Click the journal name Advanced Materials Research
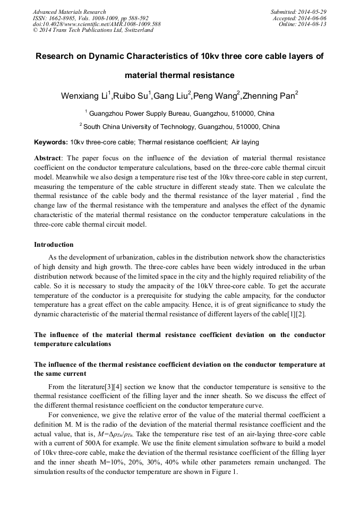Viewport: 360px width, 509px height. [69, 12]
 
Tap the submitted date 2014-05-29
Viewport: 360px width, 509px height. [313, 12]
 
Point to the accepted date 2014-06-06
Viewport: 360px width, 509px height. [313, 18]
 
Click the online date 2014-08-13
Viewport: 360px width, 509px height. [313, 24]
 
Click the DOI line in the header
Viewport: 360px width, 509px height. [97, 24]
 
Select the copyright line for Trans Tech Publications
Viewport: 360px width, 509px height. [93, 31]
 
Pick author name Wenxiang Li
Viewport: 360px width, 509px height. [84, 96]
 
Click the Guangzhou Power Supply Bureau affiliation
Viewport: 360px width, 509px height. [181, 114]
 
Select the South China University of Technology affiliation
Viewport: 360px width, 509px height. [181, 127]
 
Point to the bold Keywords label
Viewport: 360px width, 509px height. [50, 142]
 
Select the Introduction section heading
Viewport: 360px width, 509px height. [54, 245]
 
